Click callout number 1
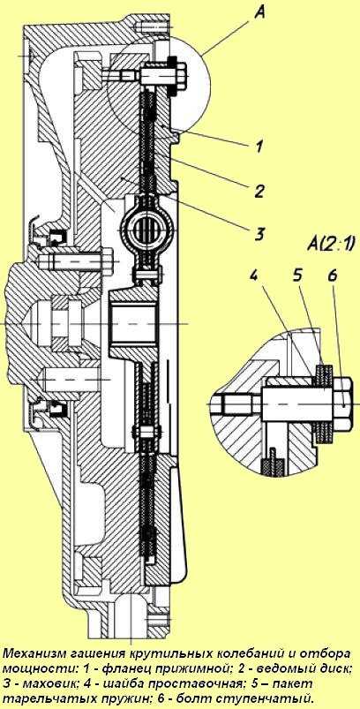tap(259, 147)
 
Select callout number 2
tap(258, 191)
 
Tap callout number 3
tap(259, 234)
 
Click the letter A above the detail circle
tap(259, 13)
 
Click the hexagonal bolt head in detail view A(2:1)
tap(343, 404)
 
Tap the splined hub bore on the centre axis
tap(135, 324)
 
